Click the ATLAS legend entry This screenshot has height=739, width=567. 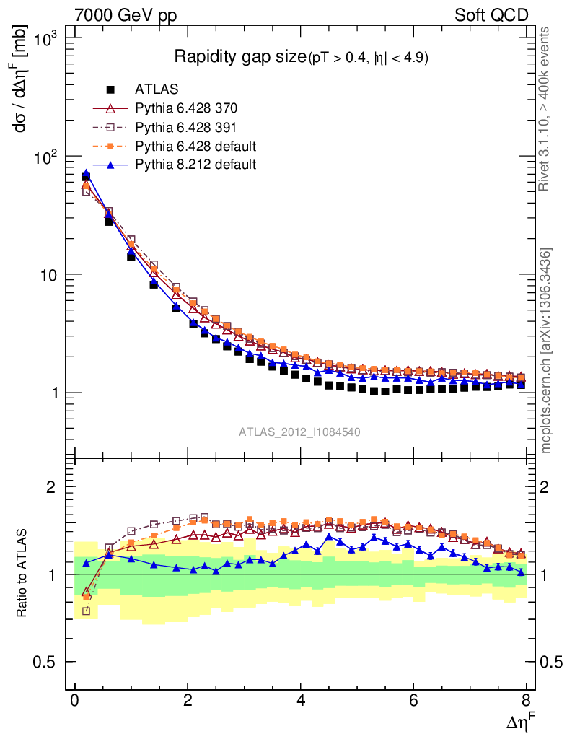click(157, 89)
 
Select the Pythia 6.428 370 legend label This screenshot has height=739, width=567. click(186, 108)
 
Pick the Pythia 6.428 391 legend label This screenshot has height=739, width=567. click(186, 127)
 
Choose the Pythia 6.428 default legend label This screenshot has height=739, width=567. click(195, 146)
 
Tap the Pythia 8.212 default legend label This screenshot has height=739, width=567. click(195, 165)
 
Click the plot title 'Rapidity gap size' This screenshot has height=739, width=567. click(240, 57)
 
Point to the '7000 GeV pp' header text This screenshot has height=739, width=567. click(126, 14)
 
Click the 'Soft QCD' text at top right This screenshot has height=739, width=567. click(491, 14)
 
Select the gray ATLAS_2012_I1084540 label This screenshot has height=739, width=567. click(299, 432)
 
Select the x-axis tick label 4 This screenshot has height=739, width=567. click(301, 701)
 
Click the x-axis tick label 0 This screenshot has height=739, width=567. click(74, 701)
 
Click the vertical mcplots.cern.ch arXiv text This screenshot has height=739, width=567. click(547, 351)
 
